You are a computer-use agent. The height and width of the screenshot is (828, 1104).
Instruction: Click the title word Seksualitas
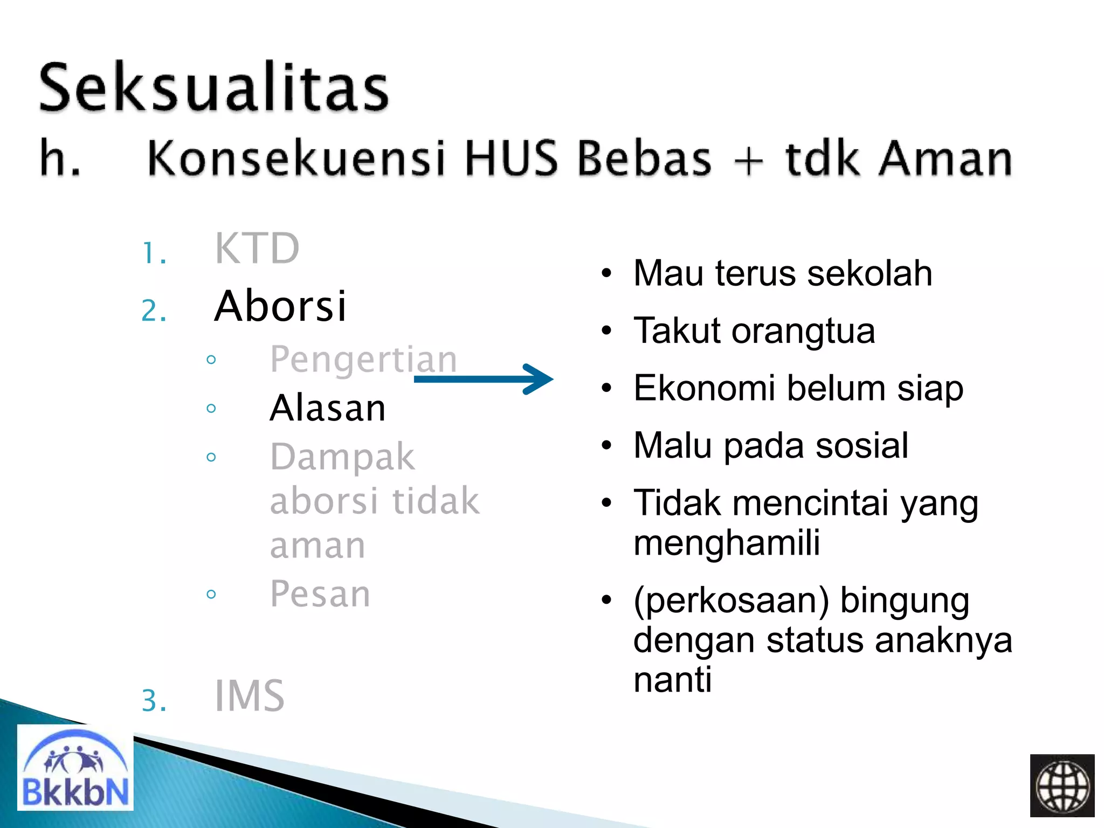point(213,87)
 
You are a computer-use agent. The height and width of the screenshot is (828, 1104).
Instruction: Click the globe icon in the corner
point(1061,786)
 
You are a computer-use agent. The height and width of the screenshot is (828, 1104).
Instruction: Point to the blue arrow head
point(539,379)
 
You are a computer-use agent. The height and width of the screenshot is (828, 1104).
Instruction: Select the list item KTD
point(257,249)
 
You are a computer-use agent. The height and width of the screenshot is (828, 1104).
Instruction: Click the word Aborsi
point(280,306)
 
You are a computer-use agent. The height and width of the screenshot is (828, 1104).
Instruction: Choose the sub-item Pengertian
point(363,360)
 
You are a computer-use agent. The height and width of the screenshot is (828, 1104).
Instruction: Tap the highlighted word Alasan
point(328,408)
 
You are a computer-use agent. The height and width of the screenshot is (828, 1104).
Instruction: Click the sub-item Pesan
point(320,594)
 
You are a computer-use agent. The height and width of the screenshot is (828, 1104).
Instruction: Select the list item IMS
point(249,696)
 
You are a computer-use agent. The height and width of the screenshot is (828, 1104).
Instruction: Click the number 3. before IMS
point(154,701)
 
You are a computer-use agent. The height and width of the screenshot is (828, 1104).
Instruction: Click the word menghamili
point(726,542)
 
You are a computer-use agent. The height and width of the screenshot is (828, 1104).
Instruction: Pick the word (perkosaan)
point(731,601)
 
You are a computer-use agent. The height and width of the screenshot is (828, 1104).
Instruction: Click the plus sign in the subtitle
point(749,160)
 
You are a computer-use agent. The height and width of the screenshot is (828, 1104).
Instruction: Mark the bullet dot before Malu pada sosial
point(607,446)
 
